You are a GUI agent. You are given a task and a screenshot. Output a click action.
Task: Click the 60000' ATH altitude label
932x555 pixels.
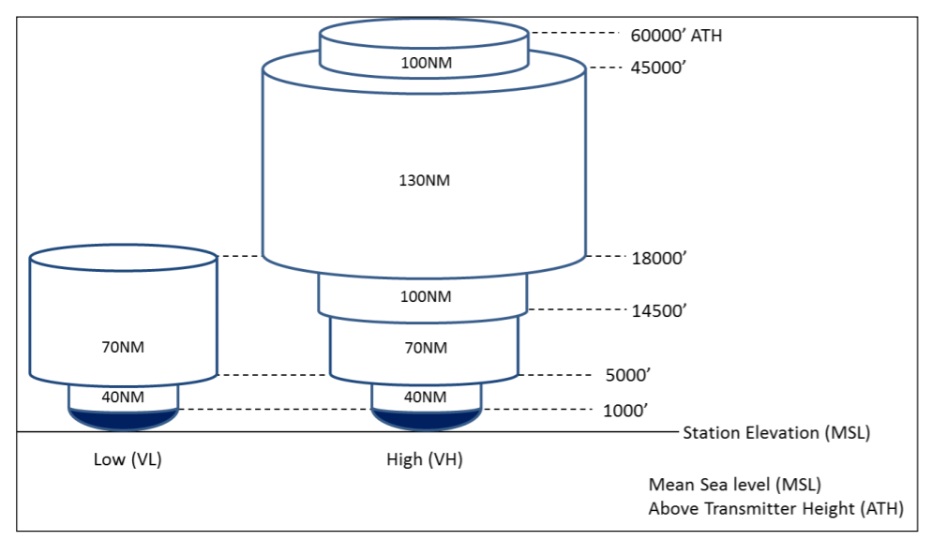(675, 37)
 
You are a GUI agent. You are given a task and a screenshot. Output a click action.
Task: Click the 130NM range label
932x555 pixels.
(425, 180)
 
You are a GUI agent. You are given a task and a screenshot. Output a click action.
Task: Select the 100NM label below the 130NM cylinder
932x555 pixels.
(425, 297)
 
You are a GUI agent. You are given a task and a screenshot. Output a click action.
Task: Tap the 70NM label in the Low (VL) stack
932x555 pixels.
(123, 347)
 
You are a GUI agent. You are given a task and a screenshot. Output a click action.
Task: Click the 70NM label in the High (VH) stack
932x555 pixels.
(425, 348)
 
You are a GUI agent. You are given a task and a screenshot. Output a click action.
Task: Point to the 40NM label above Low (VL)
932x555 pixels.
(123, 397)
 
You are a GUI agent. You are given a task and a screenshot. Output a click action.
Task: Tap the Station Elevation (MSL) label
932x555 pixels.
(776, 433)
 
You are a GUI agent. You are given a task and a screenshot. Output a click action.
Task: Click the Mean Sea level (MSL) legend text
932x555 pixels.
(734, 485)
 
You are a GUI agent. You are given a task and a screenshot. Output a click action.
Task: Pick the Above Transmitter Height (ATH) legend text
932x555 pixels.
(775, 509)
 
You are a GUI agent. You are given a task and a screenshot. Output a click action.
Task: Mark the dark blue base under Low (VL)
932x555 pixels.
(123, 418)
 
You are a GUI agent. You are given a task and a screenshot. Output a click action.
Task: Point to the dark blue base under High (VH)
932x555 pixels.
(427, 418)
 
